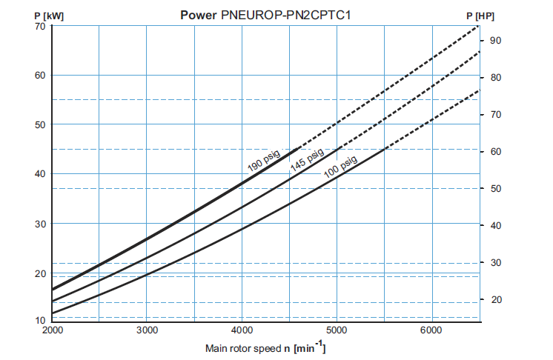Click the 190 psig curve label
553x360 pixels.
(263, 159)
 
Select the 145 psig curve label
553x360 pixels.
(307, 161)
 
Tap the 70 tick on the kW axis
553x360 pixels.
(39, 26)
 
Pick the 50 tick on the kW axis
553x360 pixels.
(39, 124)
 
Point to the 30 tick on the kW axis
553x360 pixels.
(39, 224)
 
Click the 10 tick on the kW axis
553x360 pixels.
(39, 321)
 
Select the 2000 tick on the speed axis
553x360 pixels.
(52, 330)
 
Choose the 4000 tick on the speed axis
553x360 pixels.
(242, 330)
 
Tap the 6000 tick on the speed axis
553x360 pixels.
(431, 330)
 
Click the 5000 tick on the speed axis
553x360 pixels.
(337, 330)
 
